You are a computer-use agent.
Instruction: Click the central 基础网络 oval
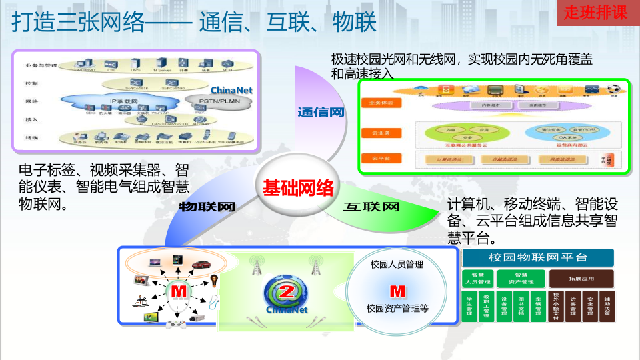click(297, 188)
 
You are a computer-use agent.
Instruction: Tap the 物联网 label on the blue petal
click(207, 207)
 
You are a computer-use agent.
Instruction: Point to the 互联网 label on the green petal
click(371, 207)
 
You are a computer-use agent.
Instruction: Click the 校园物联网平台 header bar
click(537, 257)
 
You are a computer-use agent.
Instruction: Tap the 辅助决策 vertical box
click(607, 307)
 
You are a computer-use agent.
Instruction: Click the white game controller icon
click(175, 324)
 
